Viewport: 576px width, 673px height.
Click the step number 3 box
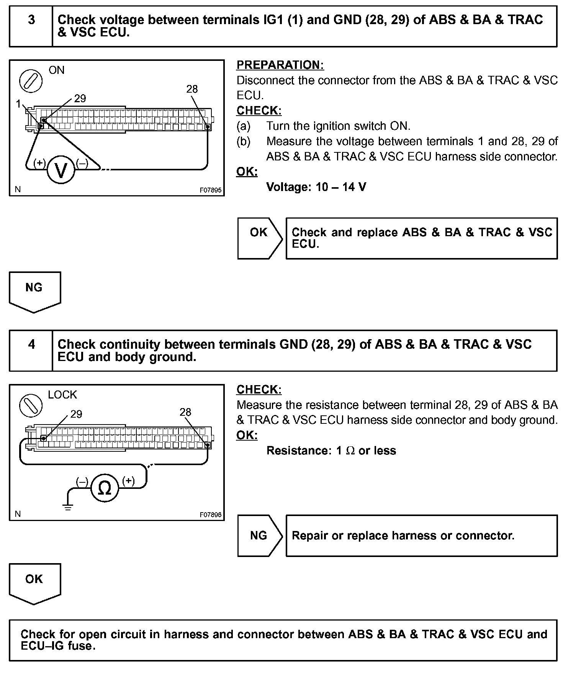click(x=31, y=26)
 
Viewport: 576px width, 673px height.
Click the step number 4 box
click(x=31, y=351)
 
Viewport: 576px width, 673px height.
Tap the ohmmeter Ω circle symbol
click(x=105, y=488)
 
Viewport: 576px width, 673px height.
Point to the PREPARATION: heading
click(x=280, y=65)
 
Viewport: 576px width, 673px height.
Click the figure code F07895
click(x=210, y=190)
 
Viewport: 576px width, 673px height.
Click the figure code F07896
click(x=210, y=515)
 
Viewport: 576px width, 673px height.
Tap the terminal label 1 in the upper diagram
click(x=18, y=104)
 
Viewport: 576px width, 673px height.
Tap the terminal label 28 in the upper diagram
click(x=192, y=89)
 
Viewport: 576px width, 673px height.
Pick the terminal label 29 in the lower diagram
click(x=76, y=414)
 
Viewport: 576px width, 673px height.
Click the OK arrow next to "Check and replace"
click(x=260, y=238)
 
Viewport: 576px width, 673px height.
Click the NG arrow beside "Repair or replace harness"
click(x=260, y=536)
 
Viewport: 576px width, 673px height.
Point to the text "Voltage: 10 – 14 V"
click(x=316, y=187)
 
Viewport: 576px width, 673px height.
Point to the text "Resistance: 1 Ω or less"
click(x=331, y=451)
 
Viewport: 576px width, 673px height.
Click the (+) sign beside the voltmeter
click(x=39, y=163)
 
